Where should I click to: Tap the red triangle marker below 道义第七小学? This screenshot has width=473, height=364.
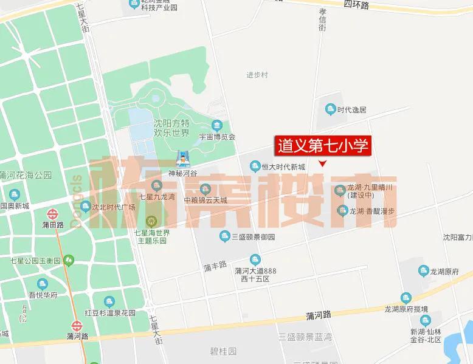pyautogui.click(x=323, y=163)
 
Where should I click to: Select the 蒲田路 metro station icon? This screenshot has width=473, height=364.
pyautogui.click(x=52, y=214)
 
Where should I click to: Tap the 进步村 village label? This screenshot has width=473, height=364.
pyautogui.click(x=257, y=75)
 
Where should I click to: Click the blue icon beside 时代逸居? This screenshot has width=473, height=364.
pyautogui.click(x=331, y=109)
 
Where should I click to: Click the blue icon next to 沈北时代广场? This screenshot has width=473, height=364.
pyautogui.click(x=86, y=207)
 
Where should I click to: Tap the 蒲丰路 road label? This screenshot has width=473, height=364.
pyautogui.click(x=215, y=266)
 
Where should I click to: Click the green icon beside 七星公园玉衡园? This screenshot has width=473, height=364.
pyautogui.click(x=69, y=261)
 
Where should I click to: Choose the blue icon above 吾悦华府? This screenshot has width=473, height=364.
pyautogui.click(x=42, y=284)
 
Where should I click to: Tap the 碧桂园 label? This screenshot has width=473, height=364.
pyautogui.click(x=224, y=351)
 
